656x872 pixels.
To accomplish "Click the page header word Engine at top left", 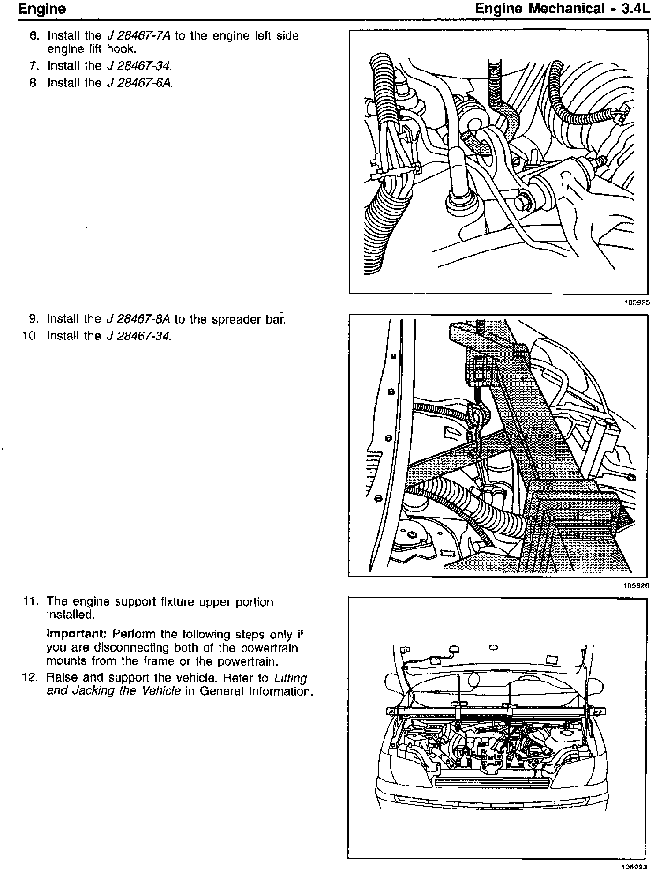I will (42, 9).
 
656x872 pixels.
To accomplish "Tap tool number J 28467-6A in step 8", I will (139, 83).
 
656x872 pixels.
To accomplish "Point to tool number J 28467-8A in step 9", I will (139, 319).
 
